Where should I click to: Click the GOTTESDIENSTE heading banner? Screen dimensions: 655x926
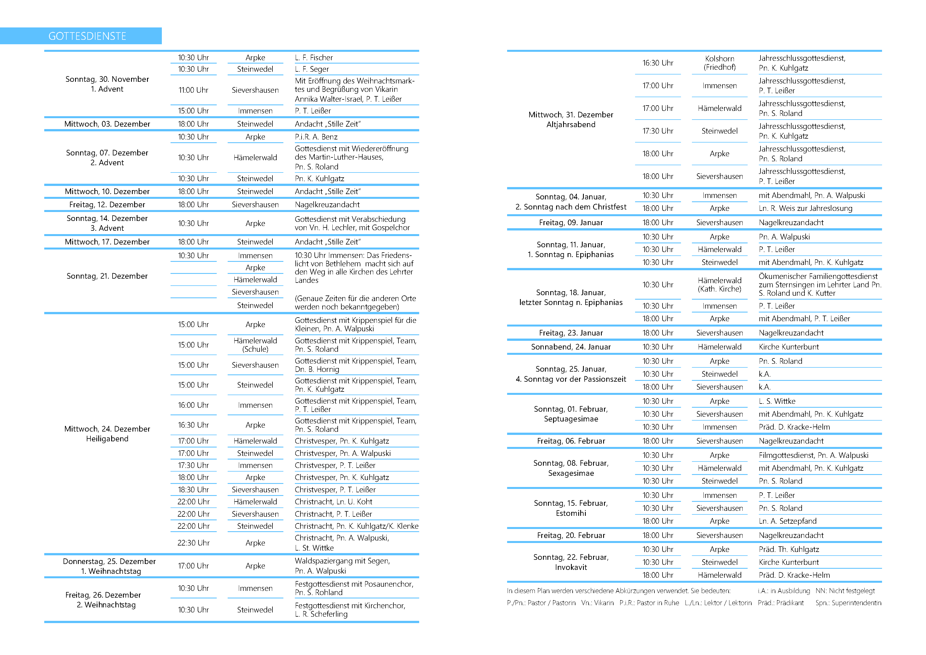pos(87,36)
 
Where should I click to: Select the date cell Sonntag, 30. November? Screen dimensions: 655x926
pos(107,79)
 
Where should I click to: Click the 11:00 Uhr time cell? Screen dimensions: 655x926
pos(193,90)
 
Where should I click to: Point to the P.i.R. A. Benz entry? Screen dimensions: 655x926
pos(316,137)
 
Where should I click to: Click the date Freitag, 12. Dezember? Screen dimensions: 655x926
pos(107,204)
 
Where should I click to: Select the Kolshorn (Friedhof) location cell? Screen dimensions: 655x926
pos(720,63)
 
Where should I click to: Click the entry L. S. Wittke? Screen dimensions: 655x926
pos(777,401)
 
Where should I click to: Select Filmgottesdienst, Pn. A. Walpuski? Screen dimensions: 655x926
pos(813,455)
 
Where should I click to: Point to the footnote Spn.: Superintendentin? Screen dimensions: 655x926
pos(848,603)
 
